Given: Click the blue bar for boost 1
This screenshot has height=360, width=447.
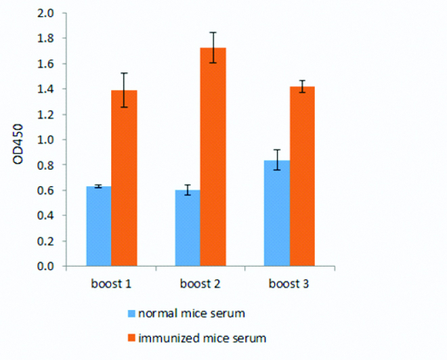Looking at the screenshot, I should click(x=99, y=226).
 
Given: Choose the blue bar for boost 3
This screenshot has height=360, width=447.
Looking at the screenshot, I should click(x=276, y=213).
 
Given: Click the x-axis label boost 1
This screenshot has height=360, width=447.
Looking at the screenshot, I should click(x=111, y=283).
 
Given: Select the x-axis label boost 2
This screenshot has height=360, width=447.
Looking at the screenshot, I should click(x=200, y=283).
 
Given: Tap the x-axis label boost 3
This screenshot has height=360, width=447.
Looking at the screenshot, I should click(x=289, y=283).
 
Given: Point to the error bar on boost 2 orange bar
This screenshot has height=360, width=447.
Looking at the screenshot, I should click(x=213, y=47).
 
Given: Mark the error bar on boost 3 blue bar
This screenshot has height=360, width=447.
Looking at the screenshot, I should click(x=276, y=160).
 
